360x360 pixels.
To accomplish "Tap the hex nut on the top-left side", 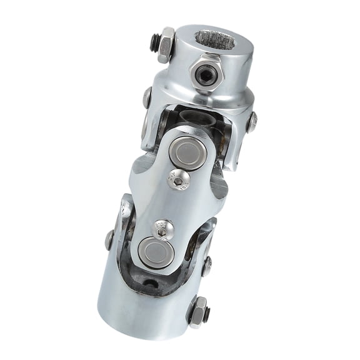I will point(166,45).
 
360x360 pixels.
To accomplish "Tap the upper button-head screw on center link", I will point(178,181).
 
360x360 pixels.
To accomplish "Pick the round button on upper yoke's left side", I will point(147,97).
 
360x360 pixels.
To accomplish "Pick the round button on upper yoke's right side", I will point(251,122).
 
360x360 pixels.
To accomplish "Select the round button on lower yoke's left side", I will point(110,239).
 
